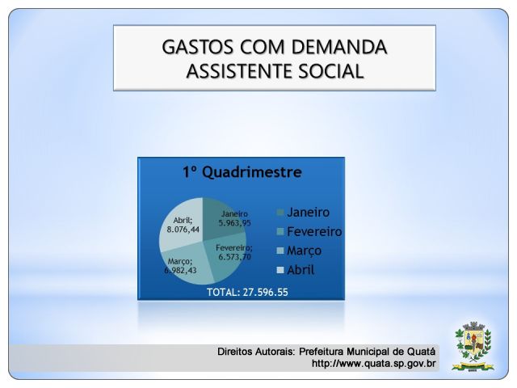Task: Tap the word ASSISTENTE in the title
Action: pyautogui.click(x=239, y=71)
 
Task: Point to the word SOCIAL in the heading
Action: pyautogui.click(x=331, y=71)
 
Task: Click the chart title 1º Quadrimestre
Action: pyautogui.click(x=242, y=172)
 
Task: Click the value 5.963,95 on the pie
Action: pyautogui.click(x=235, y=223)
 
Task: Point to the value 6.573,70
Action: pyautogui.click(x=234, y=257)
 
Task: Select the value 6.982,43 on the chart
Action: pyautogui.click(x=180, y=270)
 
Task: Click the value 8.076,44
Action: pyautogui.click(x=183, y=229)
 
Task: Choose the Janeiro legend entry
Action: pyautogui.click(x=304, y=212)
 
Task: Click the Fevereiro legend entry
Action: pyautogui.click(x=309, y=231)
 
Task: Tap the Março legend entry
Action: pyautogui.click(x=300, y=251)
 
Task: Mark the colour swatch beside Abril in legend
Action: pyautogui.click(x=280, y=270)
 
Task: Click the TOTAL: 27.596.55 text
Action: pyautogui.click(x=247, y=293)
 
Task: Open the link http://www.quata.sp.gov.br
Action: pyautogui.click(x=373, y=364)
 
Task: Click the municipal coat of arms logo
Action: pyautogui.click(x=473, y=346)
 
